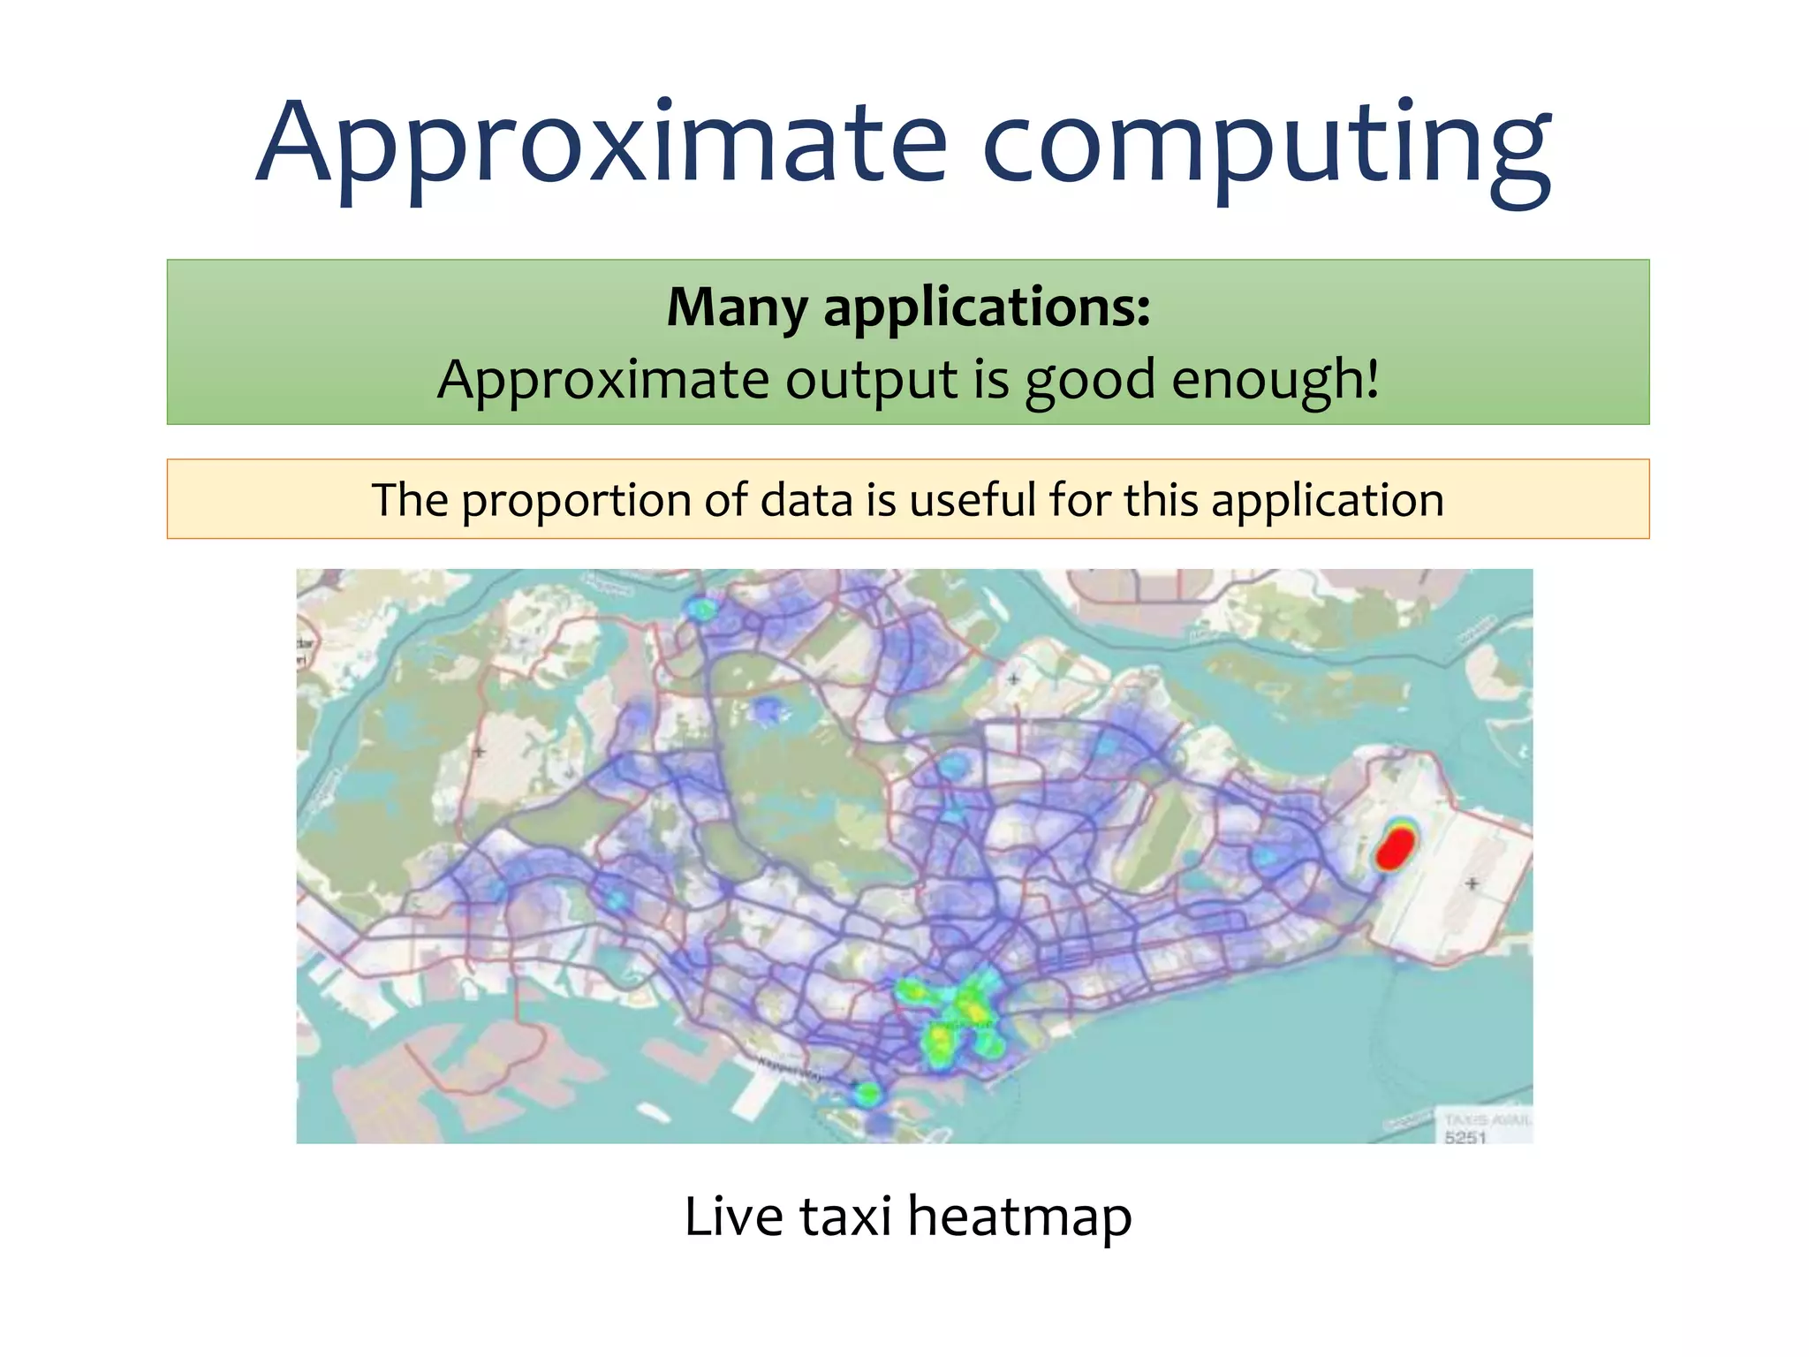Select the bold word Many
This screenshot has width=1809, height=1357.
[x=737, y=307]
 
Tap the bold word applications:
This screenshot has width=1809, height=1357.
[x=987, y=309]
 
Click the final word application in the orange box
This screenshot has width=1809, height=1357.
[x=1328, y=502]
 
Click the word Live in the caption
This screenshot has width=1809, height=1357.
[x=734, y=1216]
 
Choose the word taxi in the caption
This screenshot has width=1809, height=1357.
[x=845, y=1216]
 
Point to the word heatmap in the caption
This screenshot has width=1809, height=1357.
[x=1019, y=1217]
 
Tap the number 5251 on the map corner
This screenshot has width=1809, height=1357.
[x=1465, y=1137]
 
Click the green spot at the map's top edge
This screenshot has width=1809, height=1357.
[x=700, y=608]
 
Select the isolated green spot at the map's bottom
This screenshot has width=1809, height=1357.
[x=868, y=1095]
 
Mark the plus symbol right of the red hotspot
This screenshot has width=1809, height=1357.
[x=1472, y=883]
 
